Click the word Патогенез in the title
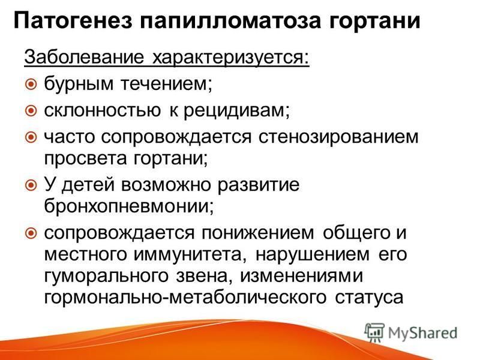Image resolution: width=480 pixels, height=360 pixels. [x=73, y=21]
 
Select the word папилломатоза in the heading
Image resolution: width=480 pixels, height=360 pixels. [x=231, y=21]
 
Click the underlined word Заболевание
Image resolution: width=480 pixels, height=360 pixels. [x=84, y=57]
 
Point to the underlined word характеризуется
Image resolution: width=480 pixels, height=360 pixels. [x=231, y=58]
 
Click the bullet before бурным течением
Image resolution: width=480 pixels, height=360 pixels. [x=31, y=84]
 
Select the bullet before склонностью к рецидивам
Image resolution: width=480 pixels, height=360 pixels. [x=31, y=110]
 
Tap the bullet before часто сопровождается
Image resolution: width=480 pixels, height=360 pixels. [x=31, y=137]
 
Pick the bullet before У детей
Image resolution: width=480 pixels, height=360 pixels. [x=31, y=185]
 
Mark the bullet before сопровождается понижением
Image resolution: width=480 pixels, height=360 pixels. [x=31, y=233]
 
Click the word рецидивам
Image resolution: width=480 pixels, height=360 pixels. [x=236, y=111]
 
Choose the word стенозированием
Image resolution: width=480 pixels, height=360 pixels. [x=338, y=137]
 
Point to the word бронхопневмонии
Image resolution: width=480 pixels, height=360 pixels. [x=128, y=206]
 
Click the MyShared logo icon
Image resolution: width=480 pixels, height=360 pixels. [x=374, y=332]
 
